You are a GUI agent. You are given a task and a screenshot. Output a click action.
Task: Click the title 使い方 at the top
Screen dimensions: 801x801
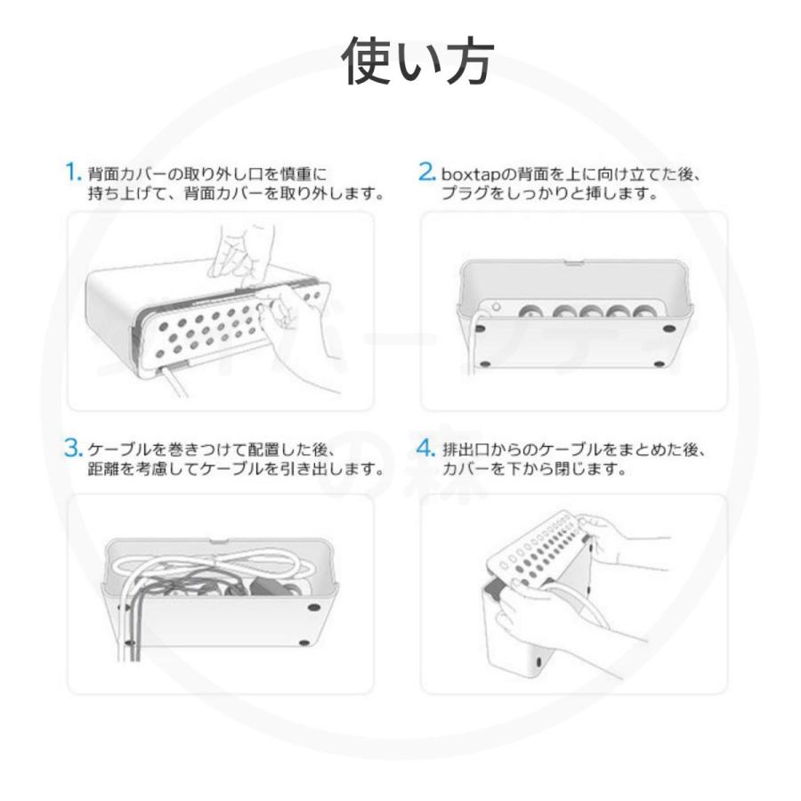pos(417,61)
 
